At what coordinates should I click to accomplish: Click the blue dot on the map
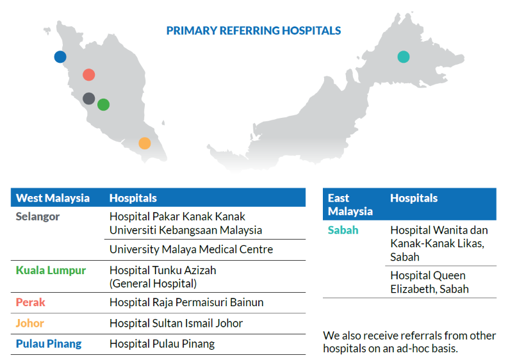coord(60,57)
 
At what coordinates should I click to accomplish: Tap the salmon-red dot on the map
coord(89,75)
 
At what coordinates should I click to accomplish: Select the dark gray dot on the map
coord(89,99)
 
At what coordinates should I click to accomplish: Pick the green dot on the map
coord(103,104)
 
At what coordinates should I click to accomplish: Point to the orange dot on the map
coord(145,143)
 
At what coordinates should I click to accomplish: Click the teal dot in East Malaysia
coord(404,57)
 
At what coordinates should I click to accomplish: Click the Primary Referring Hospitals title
coord(253,31)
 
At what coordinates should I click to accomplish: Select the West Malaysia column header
coord(53,198)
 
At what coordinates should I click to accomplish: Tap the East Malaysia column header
coord(350,204)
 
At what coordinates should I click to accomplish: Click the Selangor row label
coord(38,217)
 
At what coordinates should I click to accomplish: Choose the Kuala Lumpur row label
coord(51,270)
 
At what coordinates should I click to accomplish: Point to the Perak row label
coord(31,302)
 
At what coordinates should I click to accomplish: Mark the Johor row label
coord(30,323)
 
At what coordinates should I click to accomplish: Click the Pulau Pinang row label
coord(49,344)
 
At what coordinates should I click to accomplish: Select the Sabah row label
coord(343,230)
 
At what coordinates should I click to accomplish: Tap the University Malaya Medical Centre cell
coord(191,250)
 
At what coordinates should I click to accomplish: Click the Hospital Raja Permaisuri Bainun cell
coord(186,302)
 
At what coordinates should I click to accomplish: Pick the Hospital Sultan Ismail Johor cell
coord(176,323)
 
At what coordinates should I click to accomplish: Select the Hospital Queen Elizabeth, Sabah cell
coord(430,282)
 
